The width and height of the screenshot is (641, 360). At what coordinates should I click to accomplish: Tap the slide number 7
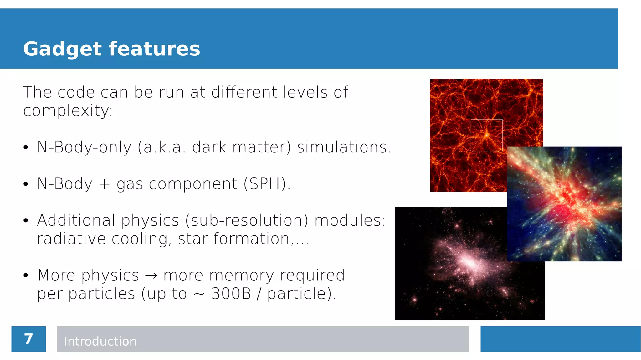(x=28, y=339)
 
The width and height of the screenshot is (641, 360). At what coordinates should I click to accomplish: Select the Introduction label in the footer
(x=100, y=341)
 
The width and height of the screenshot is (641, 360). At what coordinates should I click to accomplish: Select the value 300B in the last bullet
(x=231, y=294)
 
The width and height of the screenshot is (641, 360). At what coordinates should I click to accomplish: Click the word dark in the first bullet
(x=209, y=147)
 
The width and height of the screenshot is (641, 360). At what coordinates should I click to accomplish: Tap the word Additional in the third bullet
(x=76, y=220)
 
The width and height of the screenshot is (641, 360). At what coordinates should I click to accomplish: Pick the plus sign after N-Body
(x=104, y=184)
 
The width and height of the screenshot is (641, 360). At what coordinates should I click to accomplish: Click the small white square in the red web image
(x=486, y=135)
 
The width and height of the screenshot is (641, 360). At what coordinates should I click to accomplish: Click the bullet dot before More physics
(x=26, y=275)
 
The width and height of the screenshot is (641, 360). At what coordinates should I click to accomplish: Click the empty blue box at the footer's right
(x=560, y=339)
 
